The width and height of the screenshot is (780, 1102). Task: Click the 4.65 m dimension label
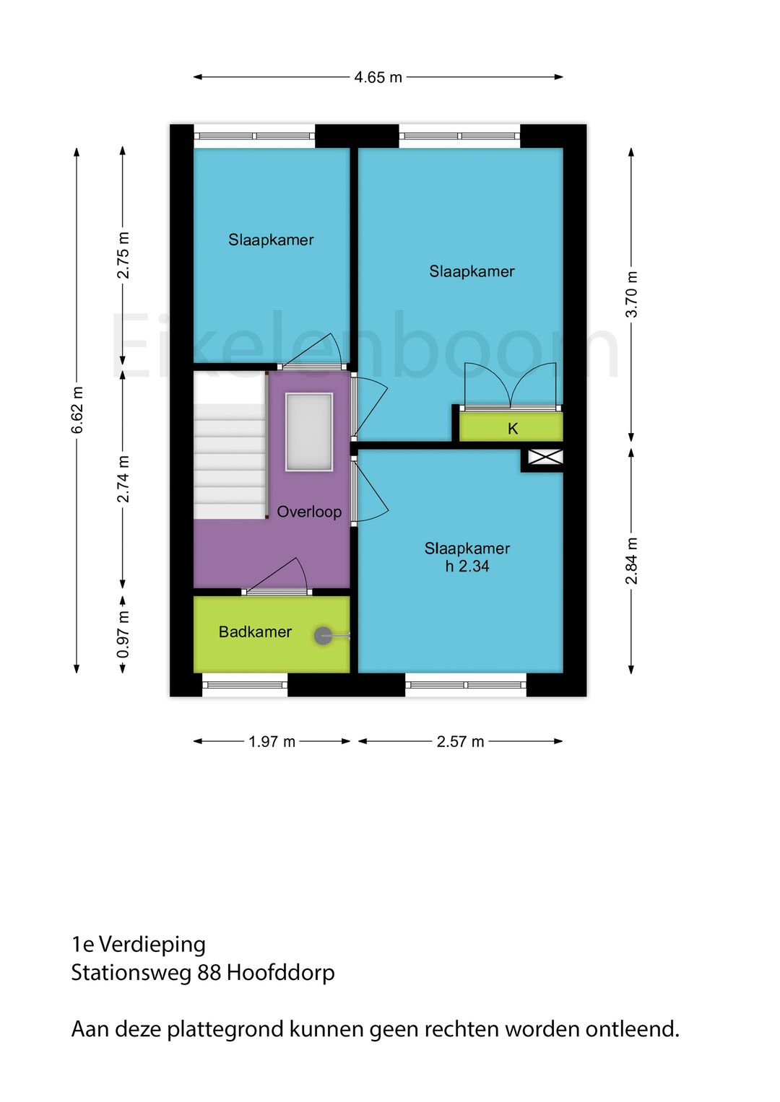pos(378,77)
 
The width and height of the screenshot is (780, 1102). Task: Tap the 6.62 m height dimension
pos(77,410)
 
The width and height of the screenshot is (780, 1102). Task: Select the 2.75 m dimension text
pos(123,255)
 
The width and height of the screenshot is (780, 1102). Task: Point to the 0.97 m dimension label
pos(123,634)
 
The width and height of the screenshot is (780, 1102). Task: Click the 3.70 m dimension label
pos(632,294)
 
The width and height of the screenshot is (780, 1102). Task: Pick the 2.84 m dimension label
pos(632,561)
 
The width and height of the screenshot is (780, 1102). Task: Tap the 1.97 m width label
pos(272,742)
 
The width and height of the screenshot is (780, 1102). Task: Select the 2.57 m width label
pos(460,742)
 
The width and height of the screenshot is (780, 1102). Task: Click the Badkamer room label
pos(255,632)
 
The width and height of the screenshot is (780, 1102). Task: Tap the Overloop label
pos(309,512)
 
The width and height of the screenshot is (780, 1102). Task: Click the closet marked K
pos(512,428)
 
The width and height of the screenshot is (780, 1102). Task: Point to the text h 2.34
pos(467,567)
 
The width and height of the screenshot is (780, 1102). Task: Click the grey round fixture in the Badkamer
pos(324,636)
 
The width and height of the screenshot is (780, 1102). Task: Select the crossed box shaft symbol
pos(545,457)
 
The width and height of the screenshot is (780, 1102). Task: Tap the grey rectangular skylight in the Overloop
pos(309,432)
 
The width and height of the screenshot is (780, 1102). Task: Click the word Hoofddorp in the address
pos(281,973)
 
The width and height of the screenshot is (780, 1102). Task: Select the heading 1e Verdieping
pos(139,944)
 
